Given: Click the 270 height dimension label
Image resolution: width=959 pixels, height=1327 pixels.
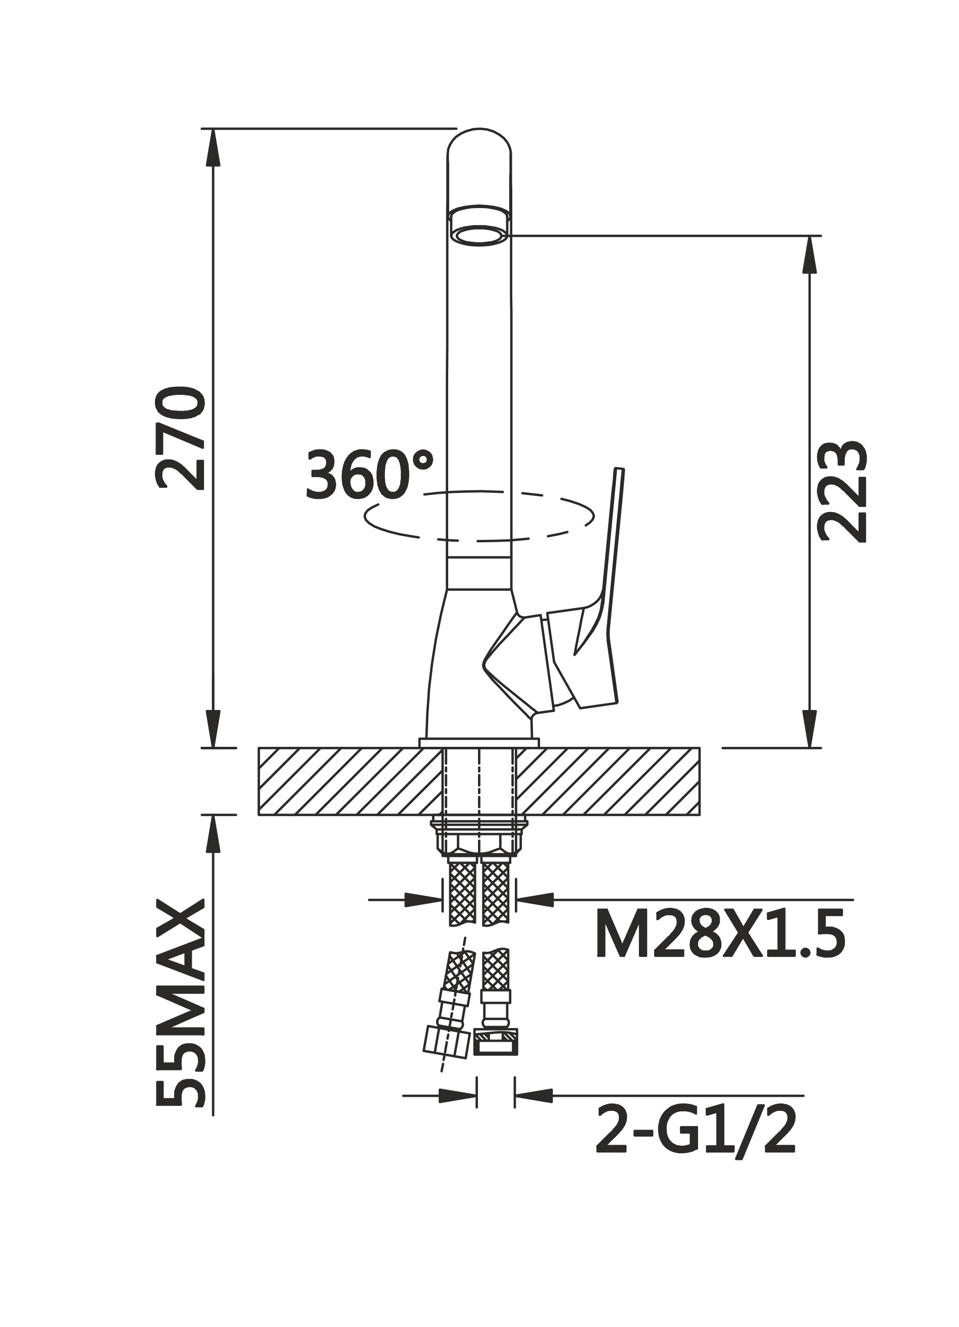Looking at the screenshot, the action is pyautogui.click(x=181, y=437).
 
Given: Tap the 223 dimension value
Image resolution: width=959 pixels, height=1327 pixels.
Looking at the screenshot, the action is pyautogui.click(x=841, y=491).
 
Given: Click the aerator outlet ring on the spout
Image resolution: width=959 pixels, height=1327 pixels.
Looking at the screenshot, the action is pyautogui.click(x=479, y=236).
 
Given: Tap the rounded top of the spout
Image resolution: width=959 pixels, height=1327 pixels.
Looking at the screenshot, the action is pyautogui.click(x=479, y=139).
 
